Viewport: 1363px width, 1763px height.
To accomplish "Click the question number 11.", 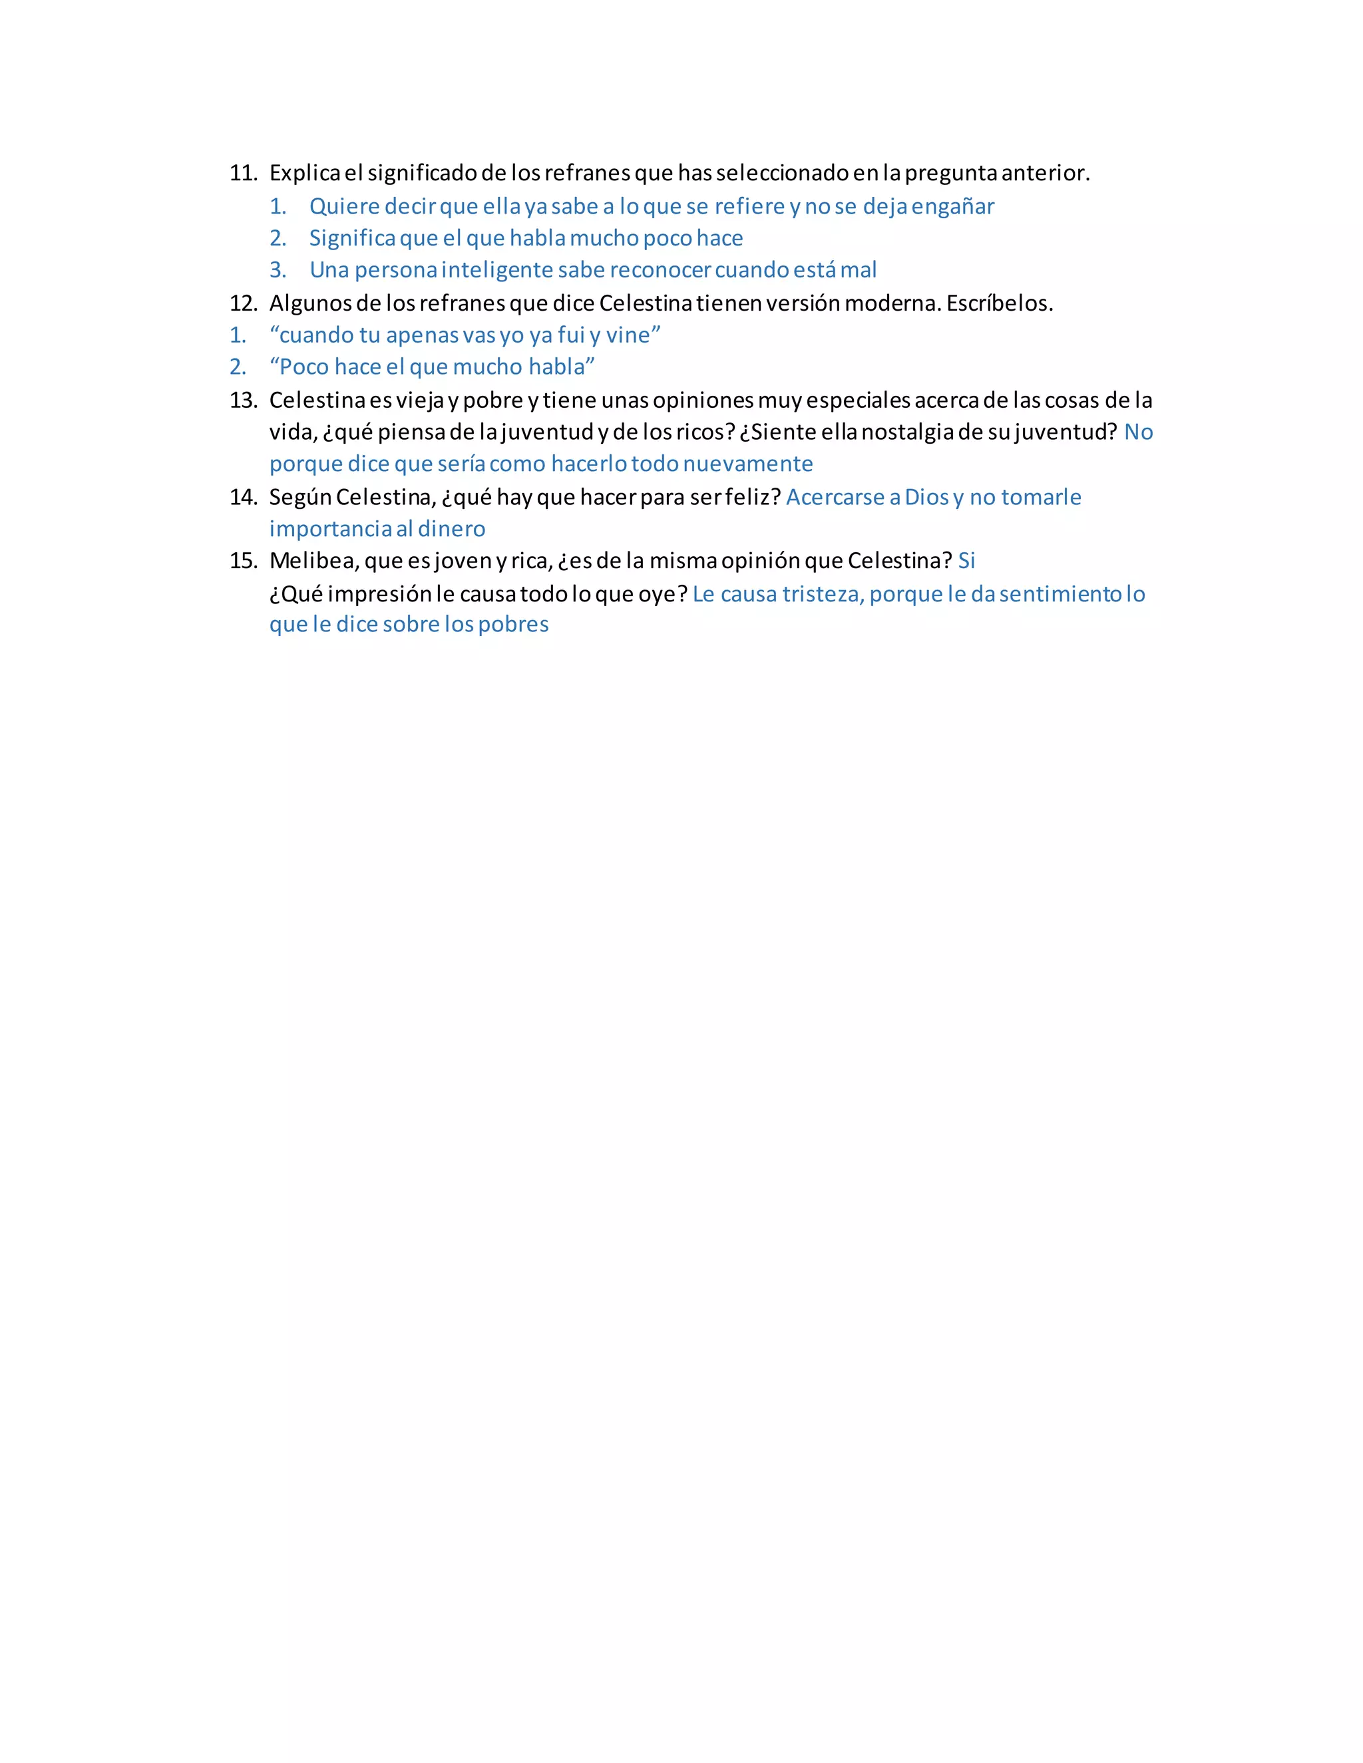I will point(242,173).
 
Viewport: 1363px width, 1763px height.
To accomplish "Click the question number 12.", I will point(242,303).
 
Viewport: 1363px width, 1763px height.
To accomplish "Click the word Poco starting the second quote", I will point(303,367).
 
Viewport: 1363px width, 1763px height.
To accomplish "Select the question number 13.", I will point(242,401).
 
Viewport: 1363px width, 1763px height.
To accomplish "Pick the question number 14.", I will point(242,497).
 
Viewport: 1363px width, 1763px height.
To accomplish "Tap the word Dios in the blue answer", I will point(926,497).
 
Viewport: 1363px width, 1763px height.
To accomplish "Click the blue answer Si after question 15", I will point(966,560).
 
